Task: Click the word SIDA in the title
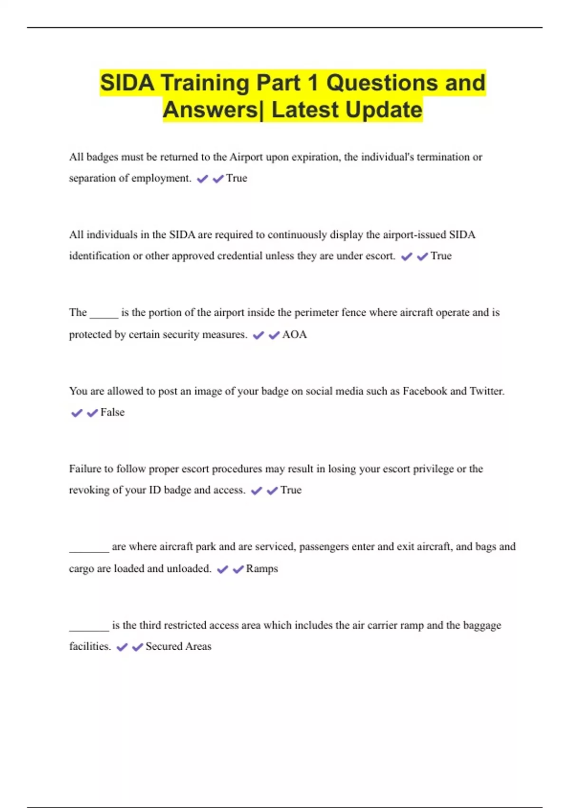[127, 83]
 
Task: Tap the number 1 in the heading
[312, 83]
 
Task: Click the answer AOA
[294, 335]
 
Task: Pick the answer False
[113, 412]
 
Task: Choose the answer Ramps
[262, 568]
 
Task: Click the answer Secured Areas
[178, 646]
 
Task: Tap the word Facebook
[425, 391]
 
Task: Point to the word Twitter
[487, 391]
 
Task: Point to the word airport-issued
[406, 235]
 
